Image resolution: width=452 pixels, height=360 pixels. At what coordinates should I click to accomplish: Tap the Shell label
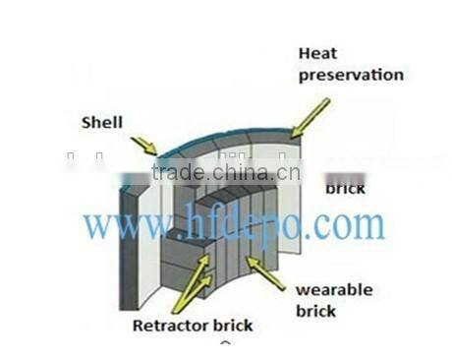(102, 122)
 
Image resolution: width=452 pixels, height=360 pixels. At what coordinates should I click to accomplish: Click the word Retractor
(162, 325)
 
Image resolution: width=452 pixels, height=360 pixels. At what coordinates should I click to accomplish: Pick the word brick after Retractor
(229, 325)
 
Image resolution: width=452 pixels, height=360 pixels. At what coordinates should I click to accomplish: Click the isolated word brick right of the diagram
(345, 188)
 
